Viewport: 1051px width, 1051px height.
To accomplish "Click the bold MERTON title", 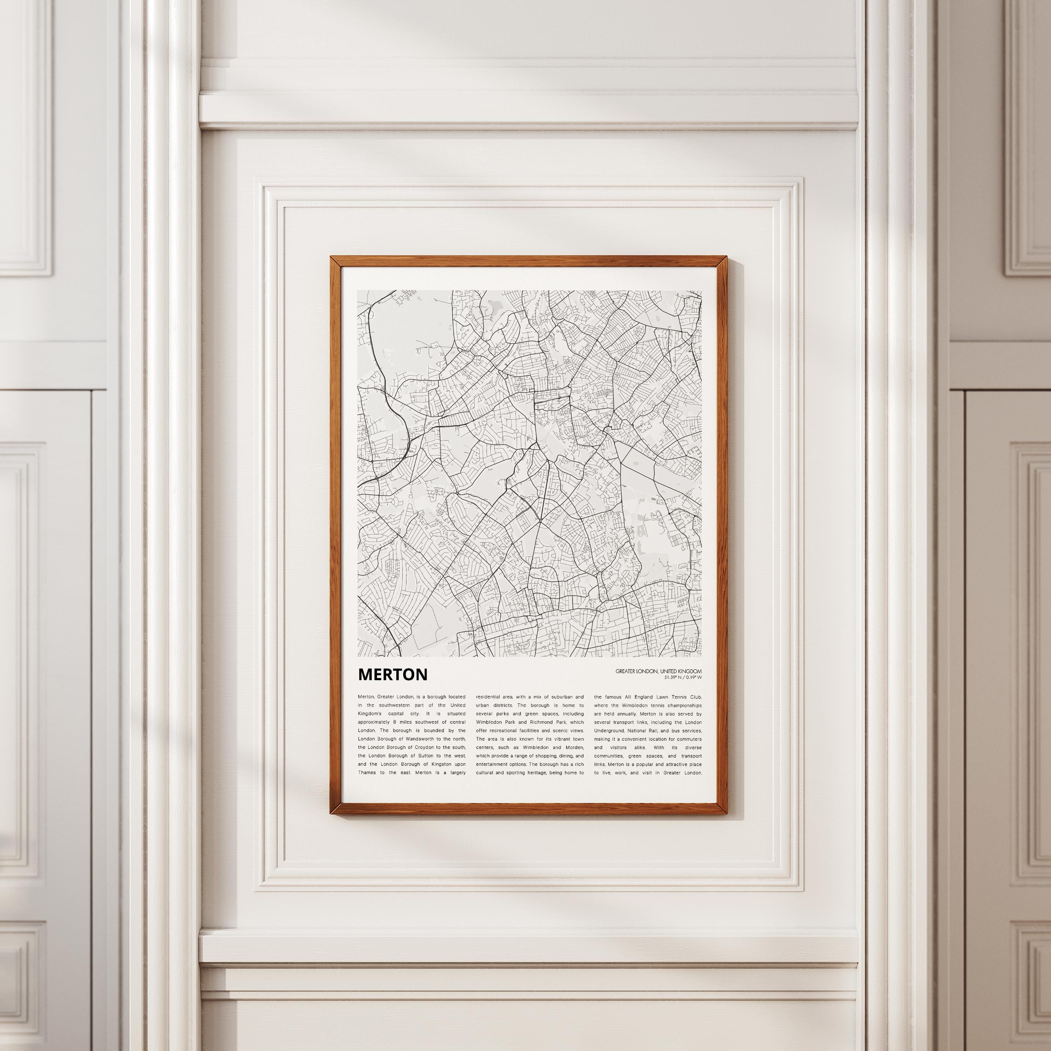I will [x=393, y=674].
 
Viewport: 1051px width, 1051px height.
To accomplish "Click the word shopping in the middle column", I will [x=543, y=756].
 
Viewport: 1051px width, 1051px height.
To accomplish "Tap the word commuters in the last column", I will [x=688, y=739].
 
